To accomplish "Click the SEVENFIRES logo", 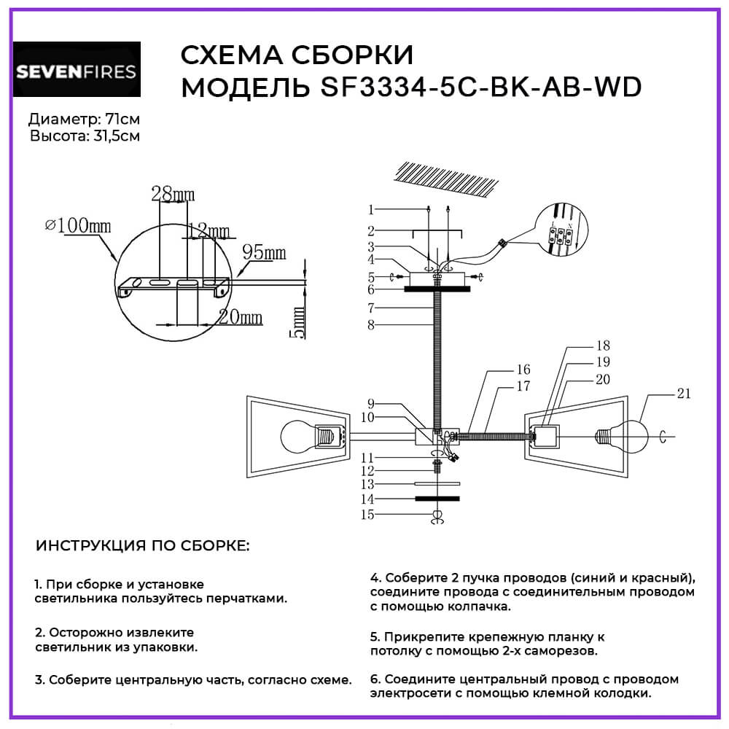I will coord(77,71).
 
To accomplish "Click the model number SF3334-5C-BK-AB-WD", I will coord(480,87).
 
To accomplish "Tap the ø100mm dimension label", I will coord(79,226).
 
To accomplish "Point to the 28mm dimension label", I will coord(173,194).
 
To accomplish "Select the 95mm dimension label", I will coord(263,253).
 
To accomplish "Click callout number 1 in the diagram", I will coord(371,210).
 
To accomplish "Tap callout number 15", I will coord(370,515).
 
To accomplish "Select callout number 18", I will coord(602,346).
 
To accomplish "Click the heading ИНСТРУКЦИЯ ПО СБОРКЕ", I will coord(142,545).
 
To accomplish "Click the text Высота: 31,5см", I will coord(85,136).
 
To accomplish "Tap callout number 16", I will coord(523,370).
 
